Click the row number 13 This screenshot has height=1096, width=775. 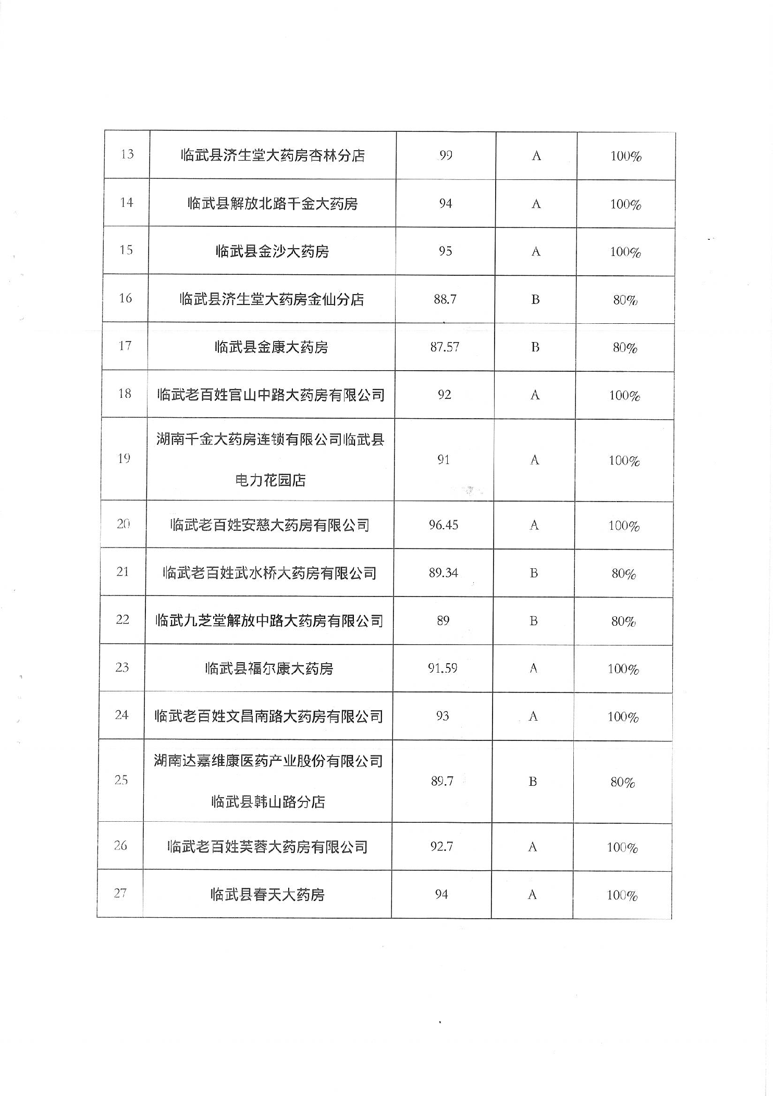127,154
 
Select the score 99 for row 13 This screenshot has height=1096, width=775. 446,155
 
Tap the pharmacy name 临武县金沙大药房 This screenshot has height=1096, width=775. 272,251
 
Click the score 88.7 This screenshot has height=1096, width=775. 445,299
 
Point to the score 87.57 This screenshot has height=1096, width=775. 445,347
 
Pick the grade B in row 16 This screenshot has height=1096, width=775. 535,300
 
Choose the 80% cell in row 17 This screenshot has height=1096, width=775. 625,348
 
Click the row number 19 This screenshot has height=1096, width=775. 124,459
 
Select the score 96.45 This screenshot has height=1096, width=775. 444,525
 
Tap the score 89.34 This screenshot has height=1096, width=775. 444,573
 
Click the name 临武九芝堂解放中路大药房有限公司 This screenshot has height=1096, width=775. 269,620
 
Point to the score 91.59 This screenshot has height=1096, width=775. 442,668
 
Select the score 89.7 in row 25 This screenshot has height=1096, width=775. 442,781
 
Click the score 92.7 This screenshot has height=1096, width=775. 441,847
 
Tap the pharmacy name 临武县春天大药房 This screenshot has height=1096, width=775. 267,895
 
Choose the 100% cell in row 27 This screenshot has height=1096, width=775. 622,895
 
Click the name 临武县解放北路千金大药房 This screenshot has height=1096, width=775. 273,203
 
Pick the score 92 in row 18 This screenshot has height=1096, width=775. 445,395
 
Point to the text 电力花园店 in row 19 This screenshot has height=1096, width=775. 270,480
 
